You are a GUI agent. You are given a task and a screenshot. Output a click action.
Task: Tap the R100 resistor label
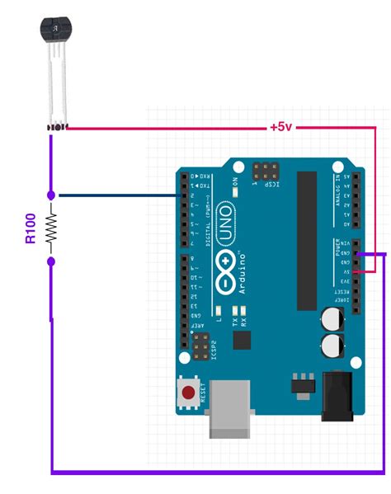pos(30,228)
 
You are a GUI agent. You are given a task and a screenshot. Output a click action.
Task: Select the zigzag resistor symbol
pos(51,228)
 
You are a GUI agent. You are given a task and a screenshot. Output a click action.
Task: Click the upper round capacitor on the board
pos(334,318)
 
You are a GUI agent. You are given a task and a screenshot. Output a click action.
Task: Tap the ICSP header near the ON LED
pos(266,172)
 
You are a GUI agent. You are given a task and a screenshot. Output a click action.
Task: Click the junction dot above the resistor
pos(51,195)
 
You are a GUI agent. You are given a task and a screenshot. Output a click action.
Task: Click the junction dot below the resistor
pos(51,261)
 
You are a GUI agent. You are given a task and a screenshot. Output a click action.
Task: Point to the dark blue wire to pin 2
pos(115,195)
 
